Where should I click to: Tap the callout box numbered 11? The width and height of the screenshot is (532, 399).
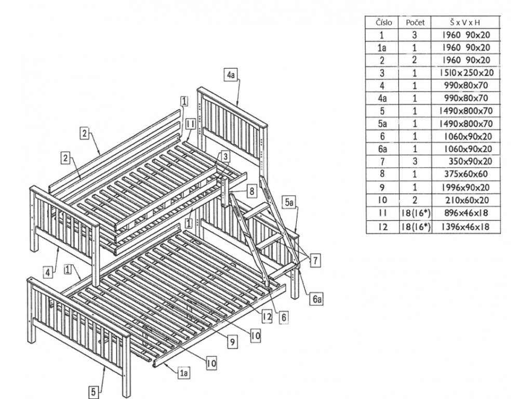(190, 124)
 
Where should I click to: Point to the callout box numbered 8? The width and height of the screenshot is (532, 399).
(251, 191)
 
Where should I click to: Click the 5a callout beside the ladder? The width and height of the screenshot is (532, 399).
(289, 201)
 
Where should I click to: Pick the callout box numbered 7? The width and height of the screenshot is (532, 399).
(315, 261)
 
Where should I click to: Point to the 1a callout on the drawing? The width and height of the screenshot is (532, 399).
(183, 373)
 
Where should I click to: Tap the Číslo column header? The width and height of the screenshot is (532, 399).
(382, 22)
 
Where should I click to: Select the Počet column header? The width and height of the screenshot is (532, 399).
(415, 22)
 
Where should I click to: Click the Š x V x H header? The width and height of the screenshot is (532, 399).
(465, 22)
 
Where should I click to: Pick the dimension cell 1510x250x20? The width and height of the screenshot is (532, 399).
(465, 73)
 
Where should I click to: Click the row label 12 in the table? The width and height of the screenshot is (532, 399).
(382, 227)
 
